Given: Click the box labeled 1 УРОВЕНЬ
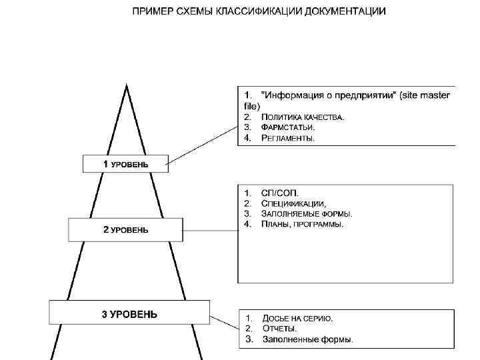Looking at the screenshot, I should pos(125,164).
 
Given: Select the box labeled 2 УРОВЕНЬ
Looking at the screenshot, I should pos(125,230).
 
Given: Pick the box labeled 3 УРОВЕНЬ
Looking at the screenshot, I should pos(129,314).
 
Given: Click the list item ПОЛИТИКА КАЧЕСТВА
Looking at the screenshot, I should pos(303,117).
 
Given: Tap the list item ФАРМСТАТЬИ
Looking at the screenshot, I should pos(288,127).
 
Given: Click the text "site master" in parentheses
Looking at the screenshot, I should pos(427,96).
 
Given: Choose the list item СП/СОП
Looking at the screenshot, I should pos(276,193).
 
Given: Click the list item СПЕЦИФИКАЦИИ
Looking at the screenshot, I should pos(293,203).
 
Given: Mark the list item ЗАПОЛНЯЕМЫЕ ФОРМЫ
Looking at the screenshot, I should pos(307,214).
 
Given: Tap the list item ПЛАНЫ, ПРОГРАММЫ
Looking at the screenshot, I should pos(303,225).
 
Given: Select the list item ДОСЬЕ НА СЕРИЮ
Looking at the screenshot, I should pos(297,318).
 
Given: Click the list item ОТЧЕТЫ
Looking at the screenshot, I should pos(280,329).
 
